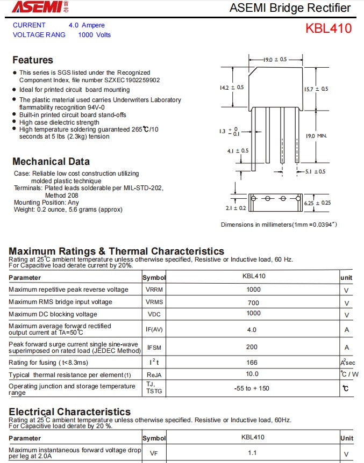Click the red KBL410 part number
[x=329, y=28]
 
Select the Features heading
[x=33, y=60]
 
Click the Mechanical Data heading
[x=51, y=162]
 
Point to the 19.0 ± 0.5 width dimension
[x=275, y=59]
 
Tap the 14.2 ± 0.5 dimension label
[x=232, y=87]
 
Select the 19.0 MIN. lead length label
[x=316, y=136]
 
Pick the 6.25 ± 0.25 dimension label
[x=317, y=203]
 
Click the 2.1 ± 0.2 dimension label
[x=235, y=208]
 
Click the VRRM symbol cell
[x=154, y=290]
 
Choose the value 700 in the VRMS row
[x=253, y=302]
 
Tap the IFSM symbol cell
[x=154, y=348]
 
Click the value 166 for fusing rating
[x=252, y=363]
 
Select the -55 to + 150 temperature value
[x=252, y=388]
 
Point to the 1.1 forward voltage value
[x=252, y=453]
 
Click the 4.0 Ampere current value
[x=87, y=25]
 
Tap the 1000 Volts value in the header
[x=94, y=35]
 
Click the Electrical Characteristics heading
[x=69, y=412]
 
